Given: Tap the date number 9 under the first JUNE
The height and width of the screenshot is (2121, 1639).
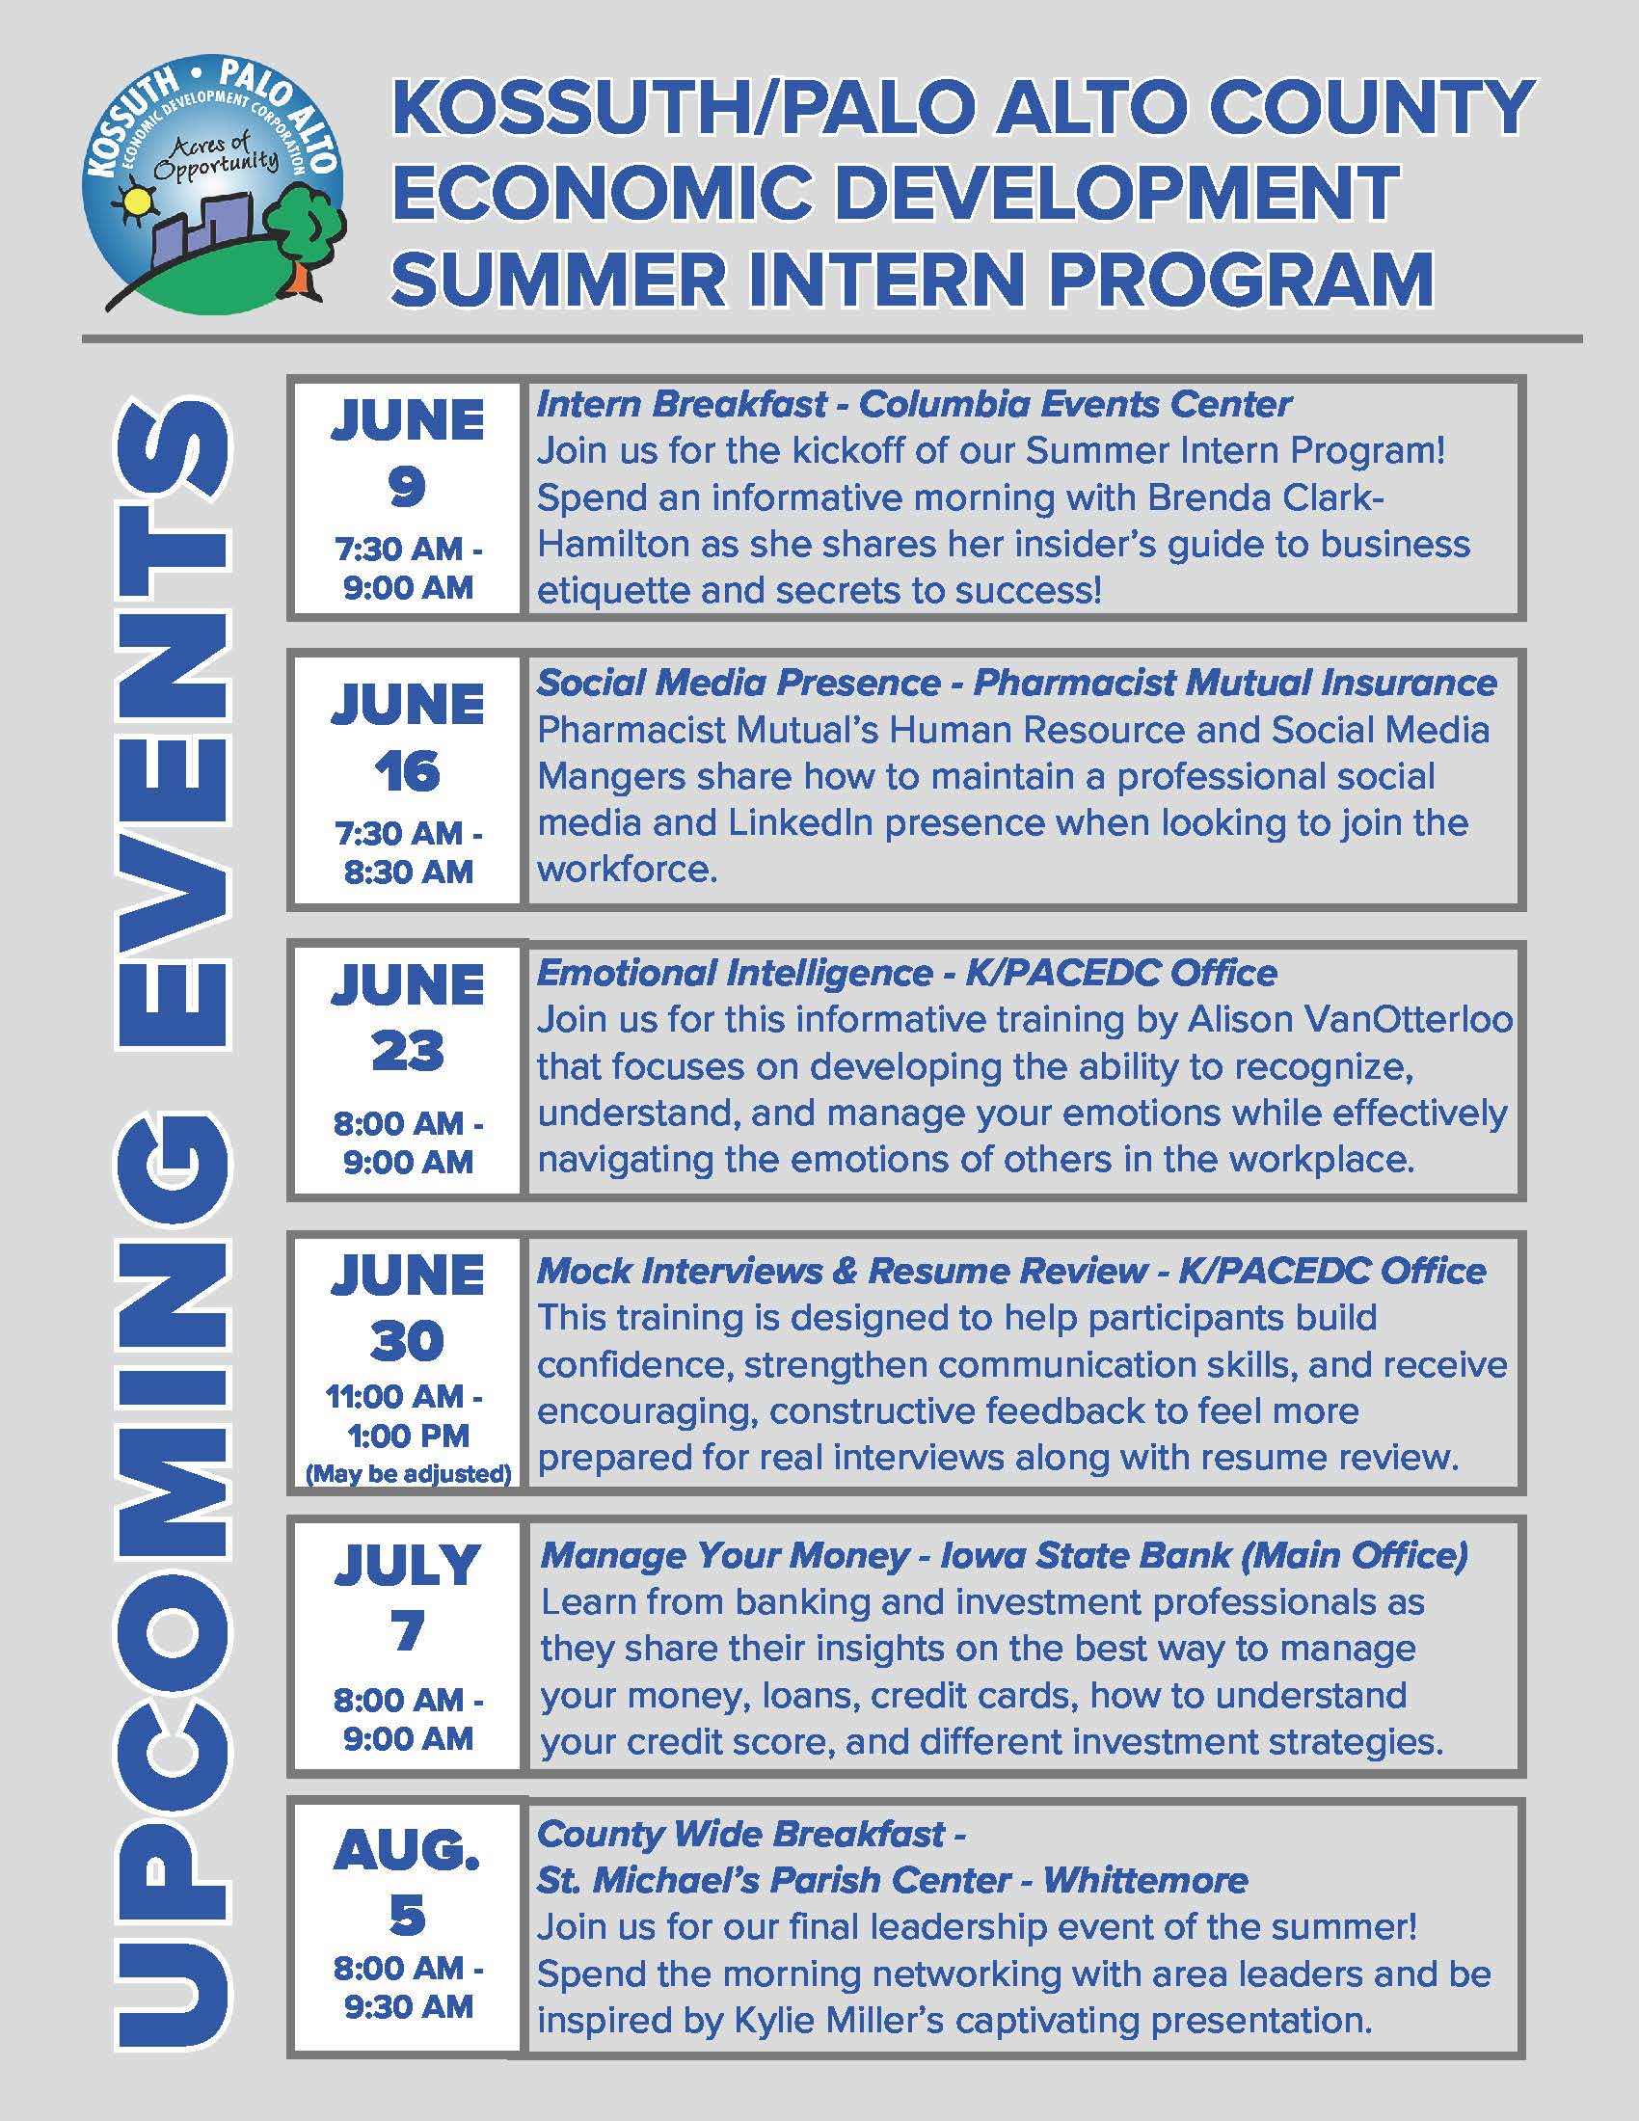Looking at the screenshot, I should pos(407,487).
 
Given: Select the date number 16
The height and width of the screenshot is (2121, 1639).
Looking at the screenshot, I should pos(407,772).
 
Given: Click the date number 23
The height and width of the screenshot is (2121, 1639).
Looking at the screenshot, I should pos(407,1052).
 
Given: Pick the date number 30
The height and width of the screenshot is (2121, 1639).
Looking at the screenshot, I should pos(407,1341).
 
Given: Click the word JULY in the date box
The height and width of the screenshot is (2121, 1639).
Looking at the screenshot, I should pos(407,1566).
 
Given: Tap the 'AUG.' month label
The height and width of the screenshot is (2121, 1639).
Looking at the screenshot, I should pos(407,1851).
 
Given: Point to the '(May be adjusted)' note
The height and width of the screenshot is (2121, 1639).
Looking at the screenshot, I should pos(408,1474).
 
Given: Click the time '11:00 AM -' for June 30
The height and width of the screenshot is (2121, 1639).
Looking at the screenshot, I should pos(404,1397).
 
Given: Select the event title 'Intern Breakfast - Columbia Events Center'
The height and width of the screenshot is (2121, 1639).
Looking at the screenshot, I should pos(914,404).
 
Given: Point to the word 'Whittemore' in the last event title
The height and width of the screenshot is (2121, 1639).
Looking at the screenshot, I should pos(1145,1881).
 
